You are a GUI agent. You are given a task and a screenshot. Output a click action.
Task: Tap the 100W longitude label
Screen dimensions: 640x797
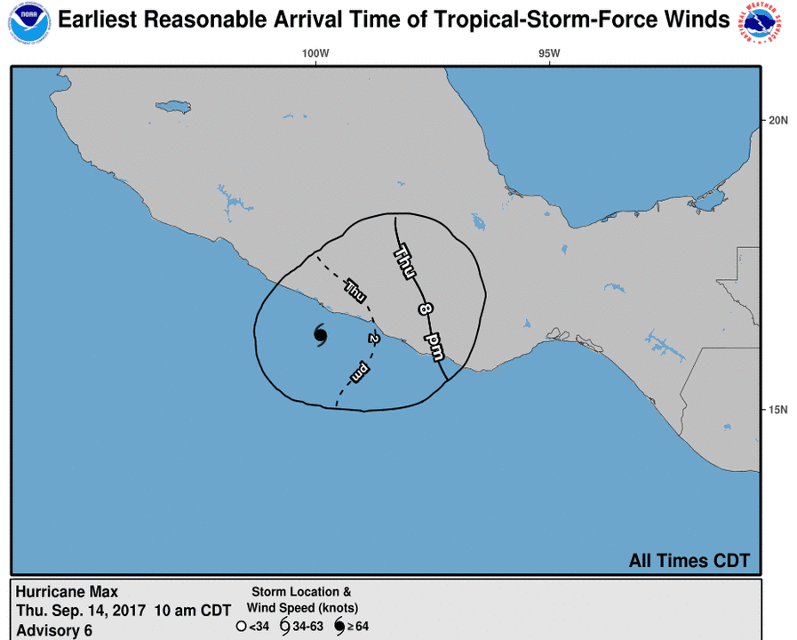point(315,53)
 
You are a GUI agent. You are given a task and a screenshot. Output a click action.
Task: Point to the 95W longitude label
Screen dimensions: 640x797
point(549,53)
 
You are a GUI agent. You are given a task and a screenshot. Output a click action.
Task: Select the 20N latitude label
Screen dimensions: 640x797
point(778,120)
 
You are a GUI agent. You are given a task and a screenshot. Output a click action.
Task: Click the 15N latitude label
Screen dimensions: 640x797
point(778,410)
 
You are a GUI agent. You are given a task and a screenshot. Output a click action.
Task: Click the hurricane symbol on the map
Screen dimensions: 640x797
point(321,334)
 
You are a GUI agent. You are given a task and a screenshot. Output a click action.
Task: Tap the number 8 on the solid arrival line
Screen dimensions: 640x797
point(425,308)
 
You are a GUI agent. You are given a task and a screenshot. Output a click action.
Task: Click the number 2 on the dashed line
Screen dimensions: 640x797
point(374,338)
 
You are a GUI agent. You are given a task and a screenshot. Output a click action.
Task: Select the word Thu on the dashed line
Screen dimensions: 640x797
point(355,289)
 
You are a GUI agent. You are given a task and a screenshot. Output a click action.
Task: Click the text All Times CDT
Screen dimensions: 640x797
point(689,561)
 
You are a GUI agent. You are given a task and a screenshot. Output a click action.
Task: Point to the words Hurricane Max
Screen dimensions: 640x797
point(67,592)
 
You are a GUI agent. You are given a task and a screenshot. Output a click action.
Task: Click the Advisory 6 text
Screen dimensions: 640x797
point(53,630)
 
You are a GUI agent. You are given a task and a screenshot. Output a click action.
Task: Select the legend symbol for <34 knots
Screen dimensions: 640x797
point(241,627)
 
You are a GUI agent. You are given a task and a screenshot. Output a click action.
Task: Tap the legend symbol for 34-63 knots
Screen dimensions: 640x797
point(284,627)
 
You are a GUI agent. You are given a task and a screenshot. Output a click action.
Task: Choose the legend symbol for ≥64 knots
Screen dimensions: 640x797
point(339,627)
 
